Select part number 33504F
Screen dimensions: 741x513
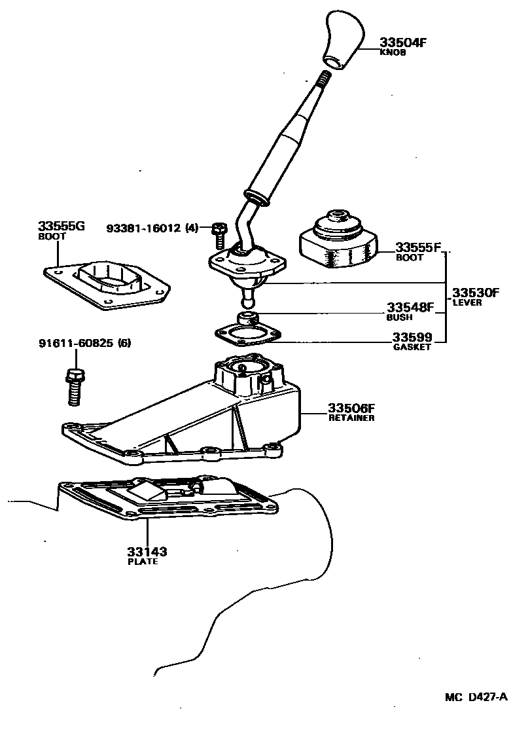tap(403, 43)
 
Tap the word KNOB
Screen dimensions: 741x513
tap(393, 53)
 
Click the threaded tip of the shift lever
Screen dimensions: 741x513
tap(324, 80)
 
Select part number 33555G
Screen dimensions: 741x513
tap(62, 226)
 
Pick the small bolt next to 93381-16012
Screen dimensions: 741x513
tap(219, 230)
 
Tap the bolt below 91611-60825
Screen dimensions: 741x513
tap(71, 386)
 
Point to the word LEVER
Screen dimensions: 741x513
tap(467, 302)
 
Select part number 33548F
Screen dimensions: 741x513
tap(410, 307)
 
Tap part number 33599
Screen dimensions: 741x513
tap(412, 337)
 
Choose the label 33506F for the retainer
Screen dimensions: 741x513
tap(351, 408)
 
